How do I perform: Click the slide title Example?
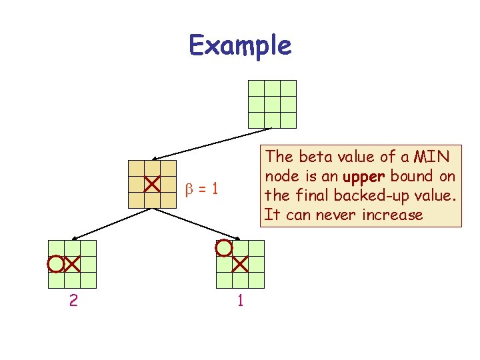(x=240, y=45)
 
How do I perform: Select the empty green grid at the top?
(x=272, y=104)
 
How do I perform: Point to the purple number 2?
(x=73, y=301)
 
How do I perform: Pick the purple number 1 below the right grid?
(x=240, y=301)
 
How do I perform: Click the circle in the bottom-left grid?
(x=56, y=264)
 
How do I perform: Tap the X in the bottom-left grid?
(x=72, y=264)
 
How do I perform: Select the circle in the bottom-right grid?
(x=224, y=248)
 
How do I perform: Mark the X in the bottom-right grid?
(x=240, y=264)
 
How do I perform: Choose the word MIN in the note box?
(x=431, y=157)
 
